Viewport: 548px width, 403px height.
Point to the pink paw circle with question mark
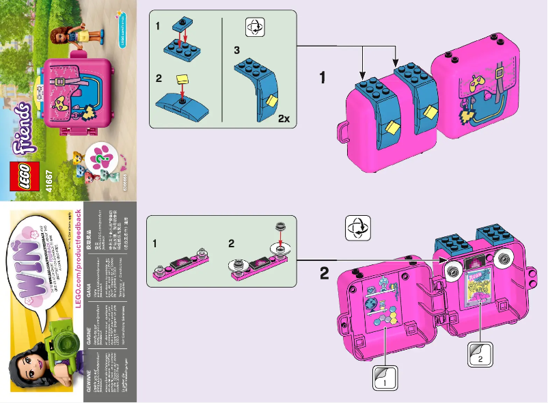[102, 156]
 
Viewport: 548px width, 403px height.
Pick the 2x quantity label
[284, 118]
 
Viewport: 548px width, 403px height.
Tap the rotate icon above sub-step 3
[254, 27]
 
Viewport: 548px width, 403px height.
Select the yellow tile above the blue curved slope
[182, 80]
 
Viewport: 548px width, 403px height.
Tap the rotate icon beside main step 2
[358, 227]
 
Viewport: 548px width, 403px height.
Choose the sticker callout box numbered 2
[480, 355]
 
